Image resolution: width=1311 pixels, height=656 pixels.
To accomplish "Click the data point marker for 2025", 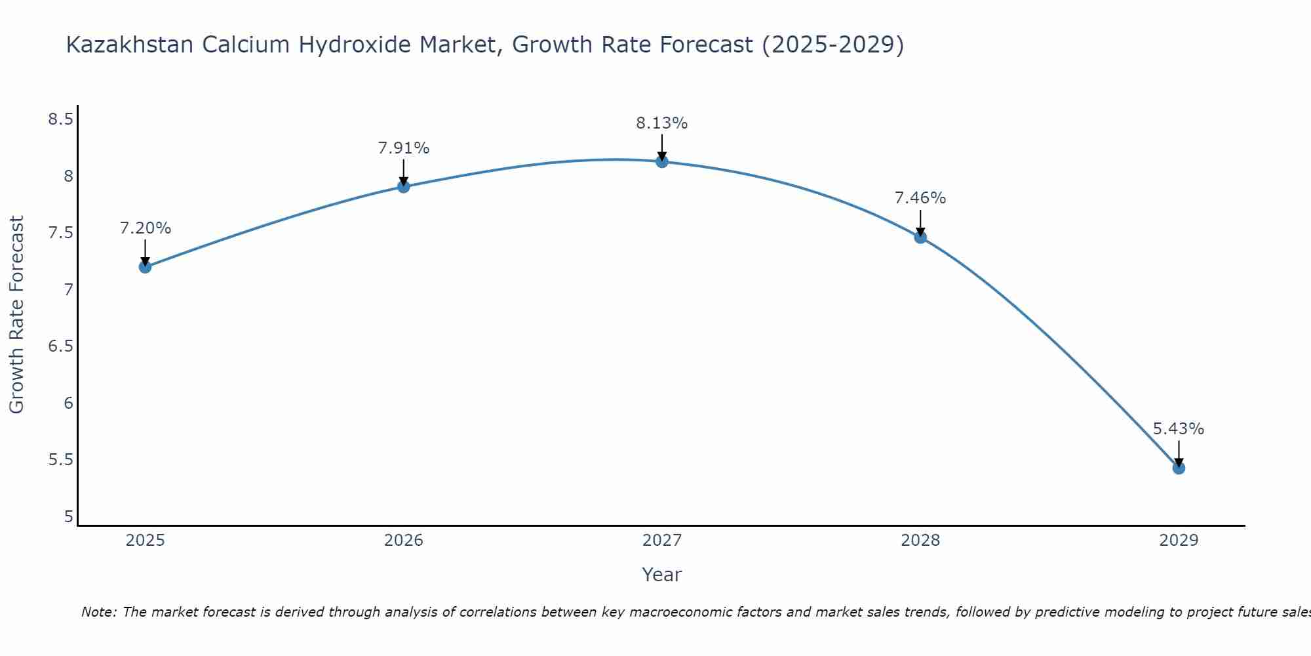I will click(x=145, y=266).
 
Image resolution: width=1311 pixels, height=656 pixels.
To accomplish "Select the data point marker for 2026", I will click(x=403, y=186).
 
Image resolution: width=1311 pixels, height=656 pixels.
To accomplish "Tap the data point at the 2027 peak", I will click(x=662, y=161).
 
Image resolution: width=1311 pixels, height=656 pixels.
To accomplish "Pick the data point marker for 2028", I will click(x=920, y=237).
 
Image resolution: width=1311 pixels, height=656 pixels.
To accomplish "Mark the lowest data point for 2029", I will click(x=1179, y=468).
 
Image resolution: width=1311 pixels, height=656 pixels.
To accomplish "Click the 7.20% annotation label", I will click(x=145, y=228).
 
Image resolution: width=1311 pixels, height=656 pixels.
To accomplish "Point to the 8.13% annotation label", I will click(x=662, y=123).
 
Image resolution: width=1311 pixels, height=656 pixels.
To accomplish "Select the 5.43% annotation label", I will click(x=1179, y=429).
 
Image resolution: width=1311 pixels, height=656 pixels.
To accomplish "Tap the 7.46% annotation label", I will click(x=920, y=198).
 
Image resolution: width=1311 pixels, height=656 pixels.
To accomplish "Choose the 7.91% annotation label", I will click(x=403, y=148).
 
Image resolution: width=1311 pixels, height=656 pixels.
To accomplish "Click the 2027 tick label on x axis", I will click(x=662, y=541).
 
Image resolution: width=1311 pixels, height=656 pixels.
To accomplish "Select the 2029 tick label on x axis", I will click(x=1179, y=541).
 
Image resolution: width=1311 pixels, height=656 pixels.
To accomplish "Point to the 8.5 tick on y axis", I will click(x=60, y=119).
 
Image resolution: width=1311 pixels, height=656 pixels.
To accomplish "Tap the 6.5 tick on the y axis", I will click(x=60, y=346).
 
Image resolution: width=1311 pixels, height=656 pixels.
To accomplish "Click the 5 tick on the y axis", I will click(x=68, y=517).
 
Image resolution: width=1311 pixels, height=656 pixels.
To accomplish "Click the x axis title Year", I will click(x=662, y=575).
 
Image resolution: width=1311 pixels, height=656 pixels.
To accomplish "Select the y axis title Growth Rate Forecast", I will click(x=17, y=315).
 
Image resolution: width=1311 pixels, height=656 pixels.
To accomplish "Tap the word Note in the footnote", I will click(x=98, y=612).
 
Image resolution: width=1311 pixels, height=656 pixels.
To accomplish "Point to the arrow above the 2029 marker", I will click(x=1179, y=453).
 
